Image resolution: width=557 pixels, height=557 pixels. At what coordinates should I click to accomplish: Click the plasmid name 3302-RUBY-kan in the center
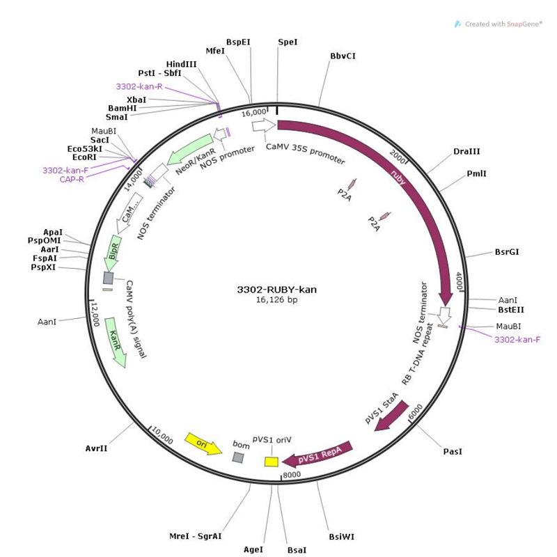coord(277,290)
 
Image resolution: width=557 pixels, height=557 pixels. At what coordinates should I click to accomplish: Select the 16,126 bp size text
coord(277,300)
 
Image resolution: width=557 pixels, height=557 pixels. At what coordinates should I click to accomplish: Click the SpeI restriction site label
coord(288,42)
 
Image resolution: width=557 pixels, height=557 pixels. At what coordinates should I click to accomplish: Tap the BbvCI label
coord(343,56)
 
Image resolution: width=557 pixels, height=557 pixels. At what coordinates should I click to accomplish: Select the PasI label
coord(453,451)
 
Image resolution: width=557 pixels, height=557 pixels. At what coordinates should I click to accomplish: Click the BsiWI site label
coord(342,537)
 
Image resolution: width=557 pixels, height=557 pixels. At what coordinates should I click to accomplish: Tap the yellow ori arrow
coord(203,444)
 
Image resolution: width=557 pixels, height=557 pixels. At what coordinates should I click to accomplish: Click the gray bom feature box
coord(238,457)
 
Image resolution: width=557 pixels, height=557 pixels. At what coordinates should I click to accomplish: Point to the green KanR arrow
coord(116,346)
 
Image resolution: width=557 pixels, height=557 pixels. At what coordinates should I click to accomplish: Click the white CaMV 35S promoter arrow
coord(264,125)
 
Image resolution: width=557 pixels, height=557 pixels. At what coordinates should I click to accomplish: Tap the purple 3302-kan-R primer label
coord(139,87)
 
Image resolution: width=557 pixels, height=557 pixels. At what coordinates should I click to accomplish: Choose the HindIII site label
coord(182,63)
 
